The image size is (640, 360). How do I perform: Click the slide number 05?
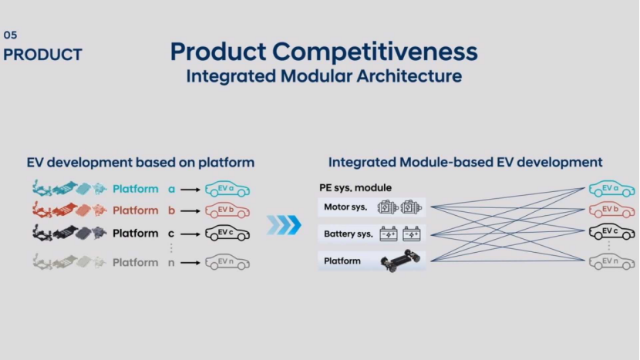tap(9, 35)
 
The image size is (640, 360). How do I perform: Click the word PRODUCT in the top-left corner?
tap(42, 55)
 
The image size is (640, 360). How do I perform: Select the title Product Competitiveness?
tap(324, 52)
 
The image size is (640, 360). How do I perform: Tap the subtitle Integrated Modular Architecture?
tap(324, 76)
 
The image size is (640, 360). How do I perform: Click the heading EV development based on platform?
tap(140, 163)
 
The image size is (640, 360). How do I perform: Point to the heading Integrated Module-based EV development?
tap(465, 163)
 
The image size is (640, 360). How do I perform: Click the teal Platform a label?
tap(144, 189)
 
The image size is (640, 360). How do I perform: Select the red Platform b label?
tap(144, 210)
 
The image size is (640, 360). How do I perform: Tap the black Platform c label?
tap(144, 233)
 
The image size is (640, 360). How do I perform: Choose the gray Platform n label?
tap(144, 262)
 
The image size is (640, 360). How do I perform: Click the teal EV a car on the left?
tap(227, 189)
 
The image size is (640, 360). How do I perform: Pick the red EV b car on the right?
tap(611, 210)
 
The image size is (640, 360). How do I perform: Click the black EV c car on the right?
tap(611, 232)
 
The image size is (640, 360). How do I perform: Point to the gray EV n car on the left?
tap(227, 262)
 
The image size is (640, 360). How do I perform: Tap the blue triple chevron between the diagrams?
tap(283, 225)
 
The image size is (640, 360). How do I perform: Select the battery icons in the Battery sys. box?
tap(399, 234)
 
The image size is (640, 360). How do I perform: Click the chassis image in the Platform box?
tap(399, 261)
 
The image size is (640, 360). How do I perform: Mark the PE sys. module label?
tap(355, 188)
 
